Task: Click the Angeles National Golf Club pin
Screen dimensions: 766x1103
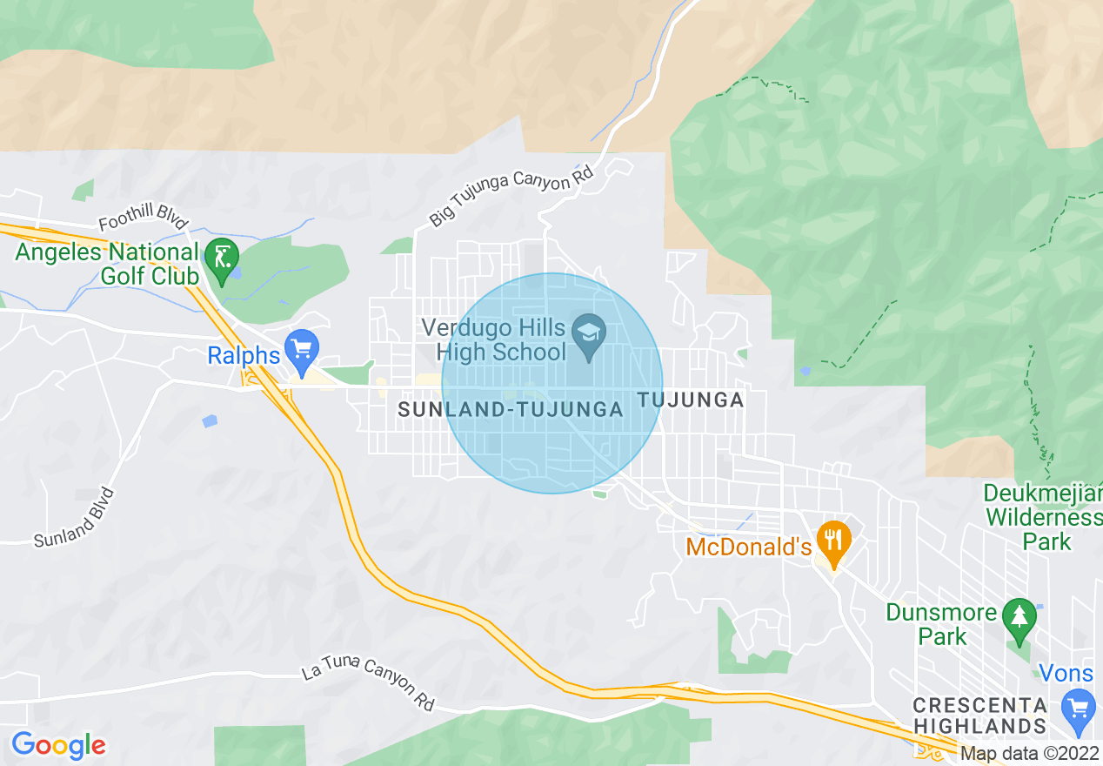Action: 222,260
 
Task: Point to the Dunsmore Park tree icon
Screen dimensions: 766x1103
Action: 1018,620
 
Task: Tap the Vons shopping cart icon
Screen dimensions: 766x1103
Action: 1079,709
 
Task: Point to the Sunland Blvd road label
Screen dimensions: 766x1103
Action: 74,519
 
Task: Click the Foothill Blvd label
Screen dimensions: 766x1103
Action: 143,223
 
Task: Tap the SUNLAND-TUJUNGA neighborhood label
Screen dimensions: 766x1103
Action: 511,409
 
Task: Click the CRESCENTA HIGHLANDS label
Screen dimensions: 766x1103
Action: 979,715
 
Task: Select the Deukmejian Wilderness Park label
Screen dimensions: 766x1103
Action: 1043,517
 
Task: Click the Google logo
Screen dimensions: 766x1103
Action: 58,745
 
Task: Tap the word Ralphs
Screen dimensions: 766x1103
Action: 244,355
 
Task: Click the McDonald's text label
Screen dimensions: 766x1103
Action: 748,547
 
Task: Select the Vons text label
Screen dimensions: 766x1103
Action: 1066,673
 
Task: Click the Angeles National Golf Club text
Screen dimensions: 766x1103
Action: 108,264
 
